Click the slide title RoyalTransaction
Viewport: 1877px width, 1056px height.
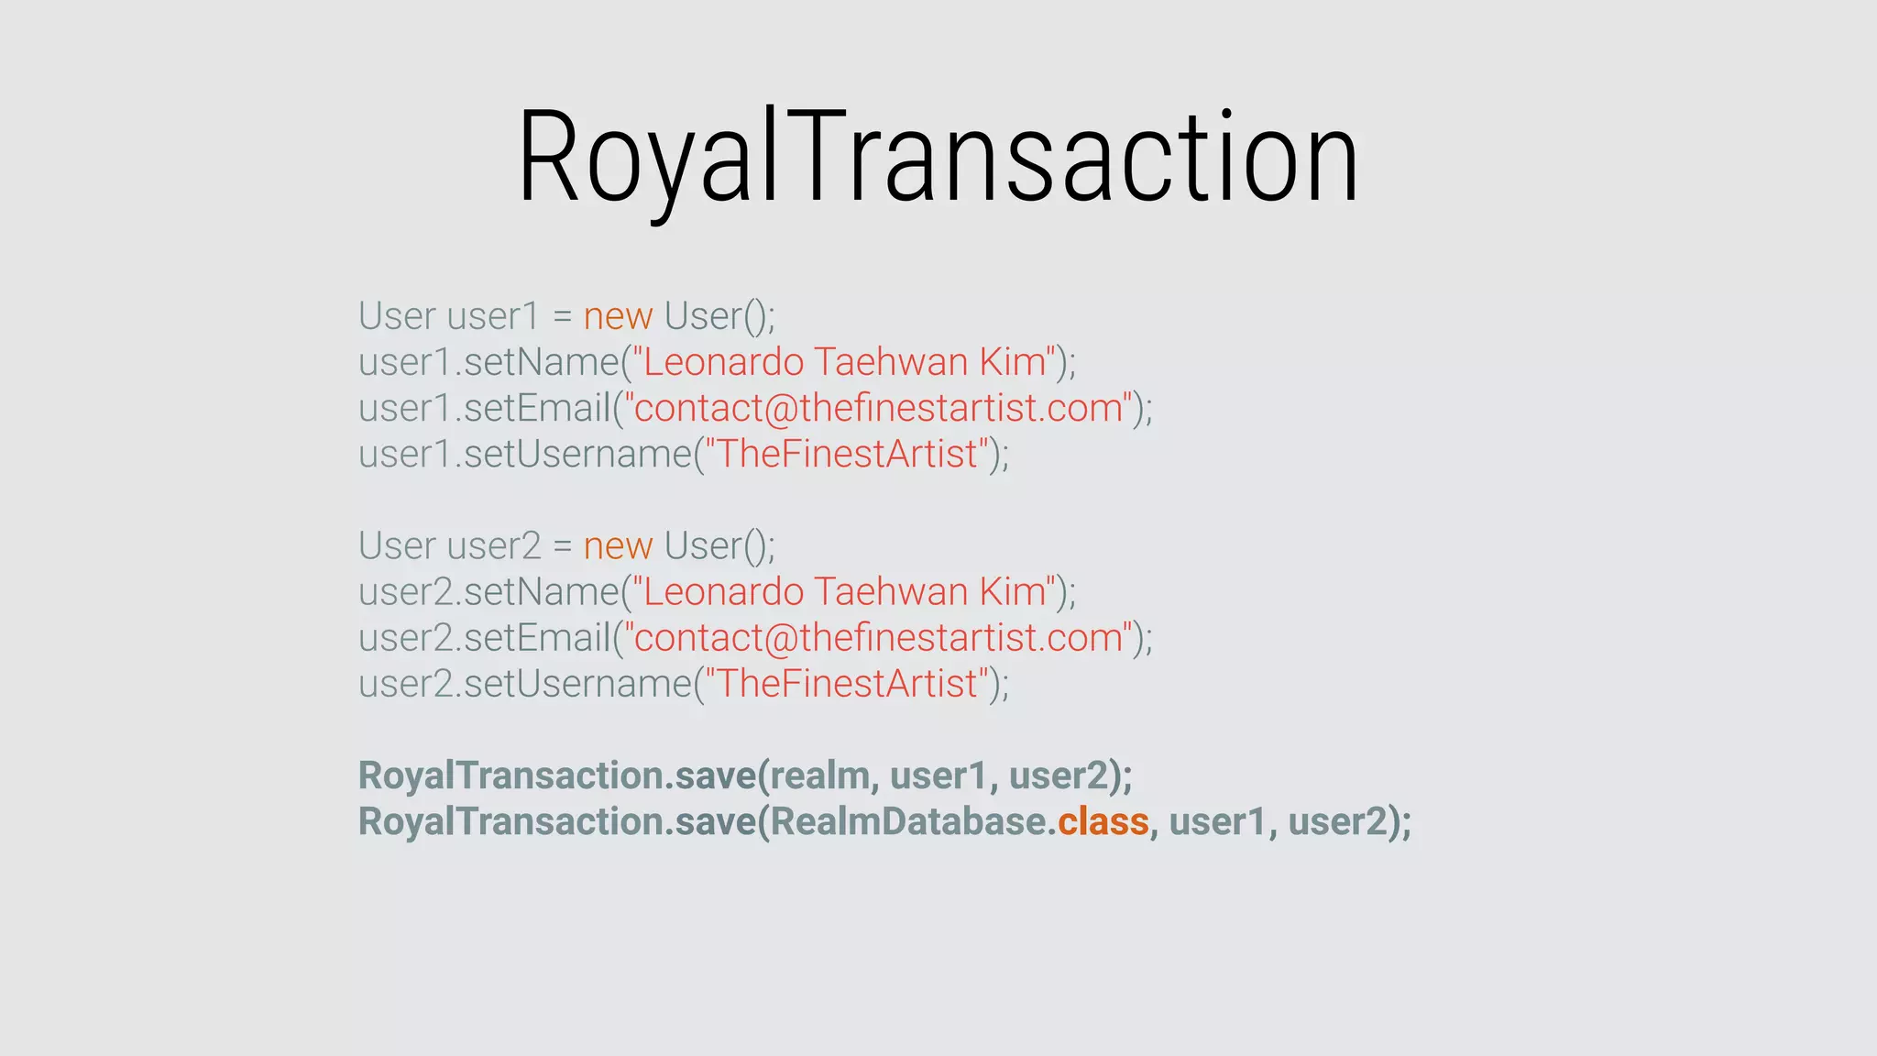938,158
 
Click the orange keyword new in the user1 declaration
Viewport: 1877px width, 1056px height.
618,316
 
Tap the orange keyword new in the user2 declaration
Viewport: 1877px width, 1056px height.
618,546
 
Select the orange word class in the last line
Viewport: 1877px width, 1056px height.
1103,821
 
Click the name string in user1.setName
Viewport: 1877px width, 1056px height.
843,362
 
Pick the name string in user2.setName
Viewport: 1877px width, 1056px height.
843,592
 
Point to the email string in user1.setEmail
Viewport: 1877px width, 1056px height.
878,408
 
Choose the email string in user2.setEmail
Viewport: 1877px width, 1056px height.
878,638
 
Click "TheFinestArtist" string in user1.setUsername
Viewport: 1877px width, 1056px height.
846,454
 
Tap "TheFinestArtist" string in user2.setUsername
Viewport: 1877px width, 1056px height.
846,684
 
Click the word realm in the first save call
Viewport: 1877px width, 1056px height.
818,775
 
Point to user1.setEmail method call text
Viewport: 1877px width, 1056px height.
484,408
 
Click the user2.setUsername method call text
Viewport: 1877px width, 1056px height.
524,684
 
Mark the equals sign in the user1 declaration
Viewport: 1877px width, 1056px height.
562,317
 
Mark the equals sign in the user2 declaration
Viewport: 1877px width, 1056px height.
562,547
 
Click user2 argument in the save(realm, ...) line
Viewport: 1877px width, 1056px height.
1059,775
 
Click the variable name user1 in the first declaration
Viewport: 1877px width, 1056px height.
493,316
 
